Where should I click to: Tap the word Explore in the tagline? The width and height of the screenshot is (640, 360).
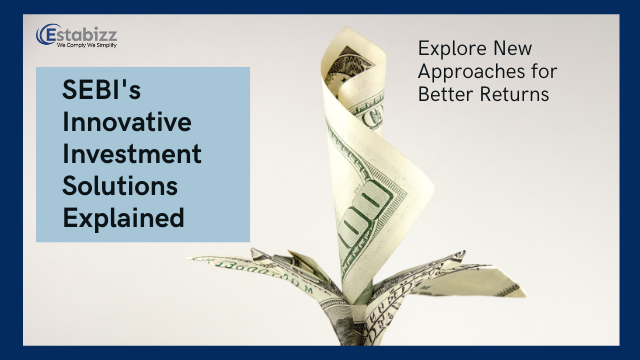coord(451,48)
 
